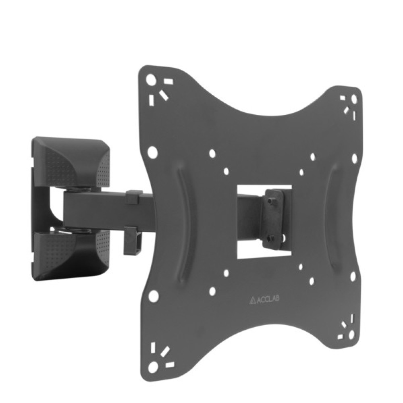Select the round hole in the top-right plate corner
coord(354,98)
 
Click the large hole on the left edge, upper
coord(153,152)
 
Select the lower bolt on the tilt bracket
coord(269,238)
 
